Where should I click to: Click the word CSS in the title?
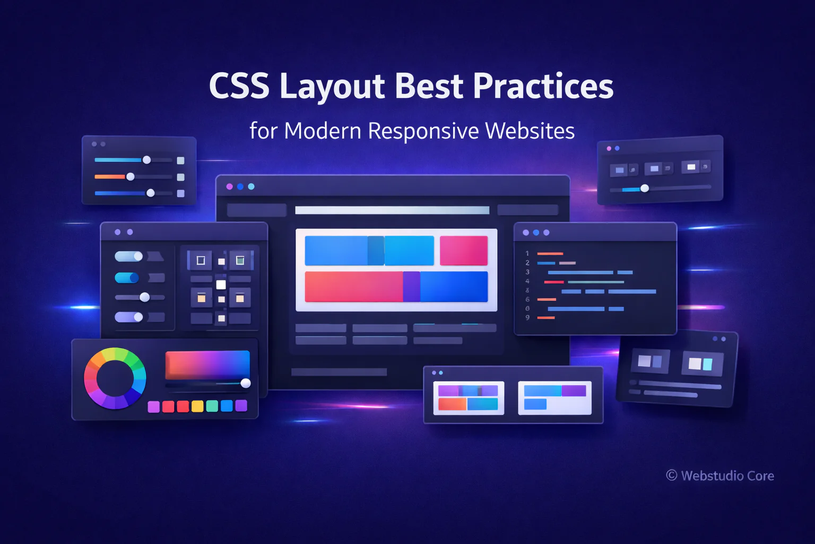coord(239,86)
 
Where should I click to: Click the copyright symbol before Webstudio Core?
coord(672,475)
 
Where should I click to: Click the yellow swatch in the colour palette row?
coord(197,406)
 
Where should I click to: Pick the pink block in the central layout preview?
coord(464,250)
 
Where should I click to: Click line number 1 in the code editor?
coord(527,253)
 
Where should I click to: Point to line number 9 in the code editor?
coord(527,317)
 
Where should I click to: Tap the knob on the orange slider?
coord(130,177)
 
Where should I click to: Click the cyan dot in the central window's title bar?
coord(251,186)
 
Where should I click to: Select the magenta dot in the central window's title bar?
coord(230,186)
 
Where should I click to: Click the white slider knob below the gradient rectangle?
coord(246,383)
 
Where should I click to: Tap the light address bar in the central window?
coord(392,210)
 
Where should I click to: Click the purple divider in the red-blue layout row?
coord(412,286)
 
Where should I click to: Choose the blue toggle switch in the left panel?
coord(127,278)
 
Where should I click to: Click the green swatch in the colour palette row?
coord(212,406)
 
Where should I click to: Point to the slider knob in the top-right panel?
coord(644,188)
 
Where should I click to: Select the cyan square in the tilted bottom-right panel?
coord(707,364)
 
